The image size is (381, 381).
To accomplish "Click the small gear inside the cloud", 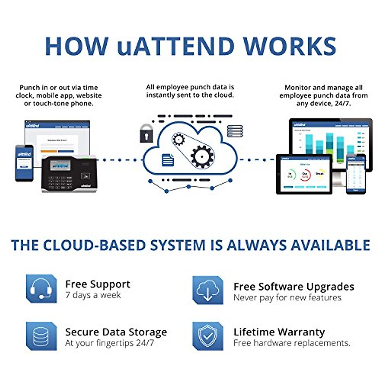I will [179, 139].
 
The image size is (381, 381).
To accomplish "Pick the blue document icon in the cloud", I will [168, 160].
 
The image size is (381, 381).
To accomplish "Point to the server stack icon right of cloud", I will [235, 131].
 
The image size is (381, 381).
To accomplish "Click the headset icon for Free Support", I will [41, 289].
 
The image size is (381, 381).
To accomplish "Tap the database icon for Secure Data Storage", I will [41, 336].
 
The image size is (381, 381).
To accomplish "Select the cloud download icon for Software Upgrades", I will [208, 290].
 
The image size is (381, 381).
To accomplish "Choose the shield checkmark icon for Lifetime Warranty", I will [208, 336].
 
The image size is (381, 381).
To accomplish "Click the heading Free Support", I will [98, 284].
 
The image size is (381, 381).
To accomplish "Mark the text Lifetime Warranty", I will [279, 332].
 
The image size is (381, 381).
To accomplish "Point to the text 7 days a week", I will [93, 295].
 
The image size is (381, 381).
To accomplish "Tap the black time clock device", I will [69, 174].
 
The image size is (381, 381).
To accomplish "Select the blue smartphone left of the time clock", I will [24, 163].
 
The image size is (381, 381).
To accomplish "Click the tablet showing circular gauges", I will [304, 174].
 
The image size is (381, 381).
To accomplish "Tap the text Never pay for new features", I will [287, 297].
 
